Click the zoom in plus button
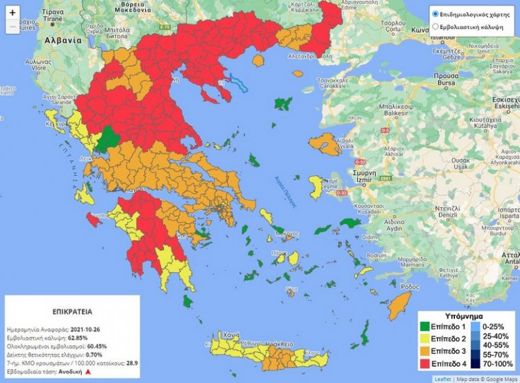(12, 12)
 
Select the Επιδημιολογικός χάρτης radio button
(435, 14)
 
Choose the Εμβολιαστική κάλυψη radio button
(435, 27)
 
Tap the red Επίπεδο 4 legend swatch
(424, 364)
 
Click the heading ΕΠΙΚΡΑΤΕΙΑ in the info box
(72, 313)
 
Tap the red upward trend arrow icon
(87, 372)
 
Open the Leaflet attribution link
(442, 380)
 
